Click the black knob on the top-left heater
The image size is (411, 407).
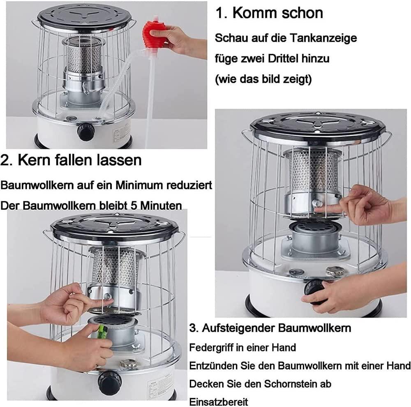click(85, 132)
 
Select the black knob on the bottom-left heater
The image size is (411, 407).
click(110, 382)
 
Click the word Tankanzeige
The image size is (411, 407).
click(323, 38)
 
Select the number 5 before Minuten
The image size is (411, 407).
click(134, 206)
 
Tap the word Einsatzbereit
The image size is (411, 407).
click(219, 402)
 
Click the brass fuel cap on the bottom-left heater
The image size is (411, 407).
click(129, 363)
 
